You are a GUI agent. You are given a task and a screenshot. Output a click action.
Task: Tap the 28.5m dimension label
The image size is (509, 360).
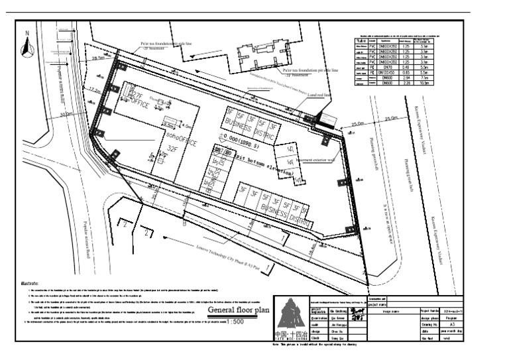(99, 59)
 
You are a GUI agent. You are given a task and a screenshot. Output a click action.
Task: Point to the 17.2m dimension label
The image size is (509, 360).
(95, 90)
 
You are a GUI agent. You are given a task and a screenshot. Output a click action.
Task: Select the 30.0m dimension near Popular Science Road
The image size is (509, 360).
(64, 114)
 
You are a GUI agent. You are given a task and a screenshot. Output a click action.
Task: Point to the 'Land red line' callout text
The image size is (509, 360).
(319, 95)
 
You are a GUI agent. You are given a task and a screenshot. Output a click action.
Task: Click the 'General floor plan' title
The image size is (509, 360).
(239, 310)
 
